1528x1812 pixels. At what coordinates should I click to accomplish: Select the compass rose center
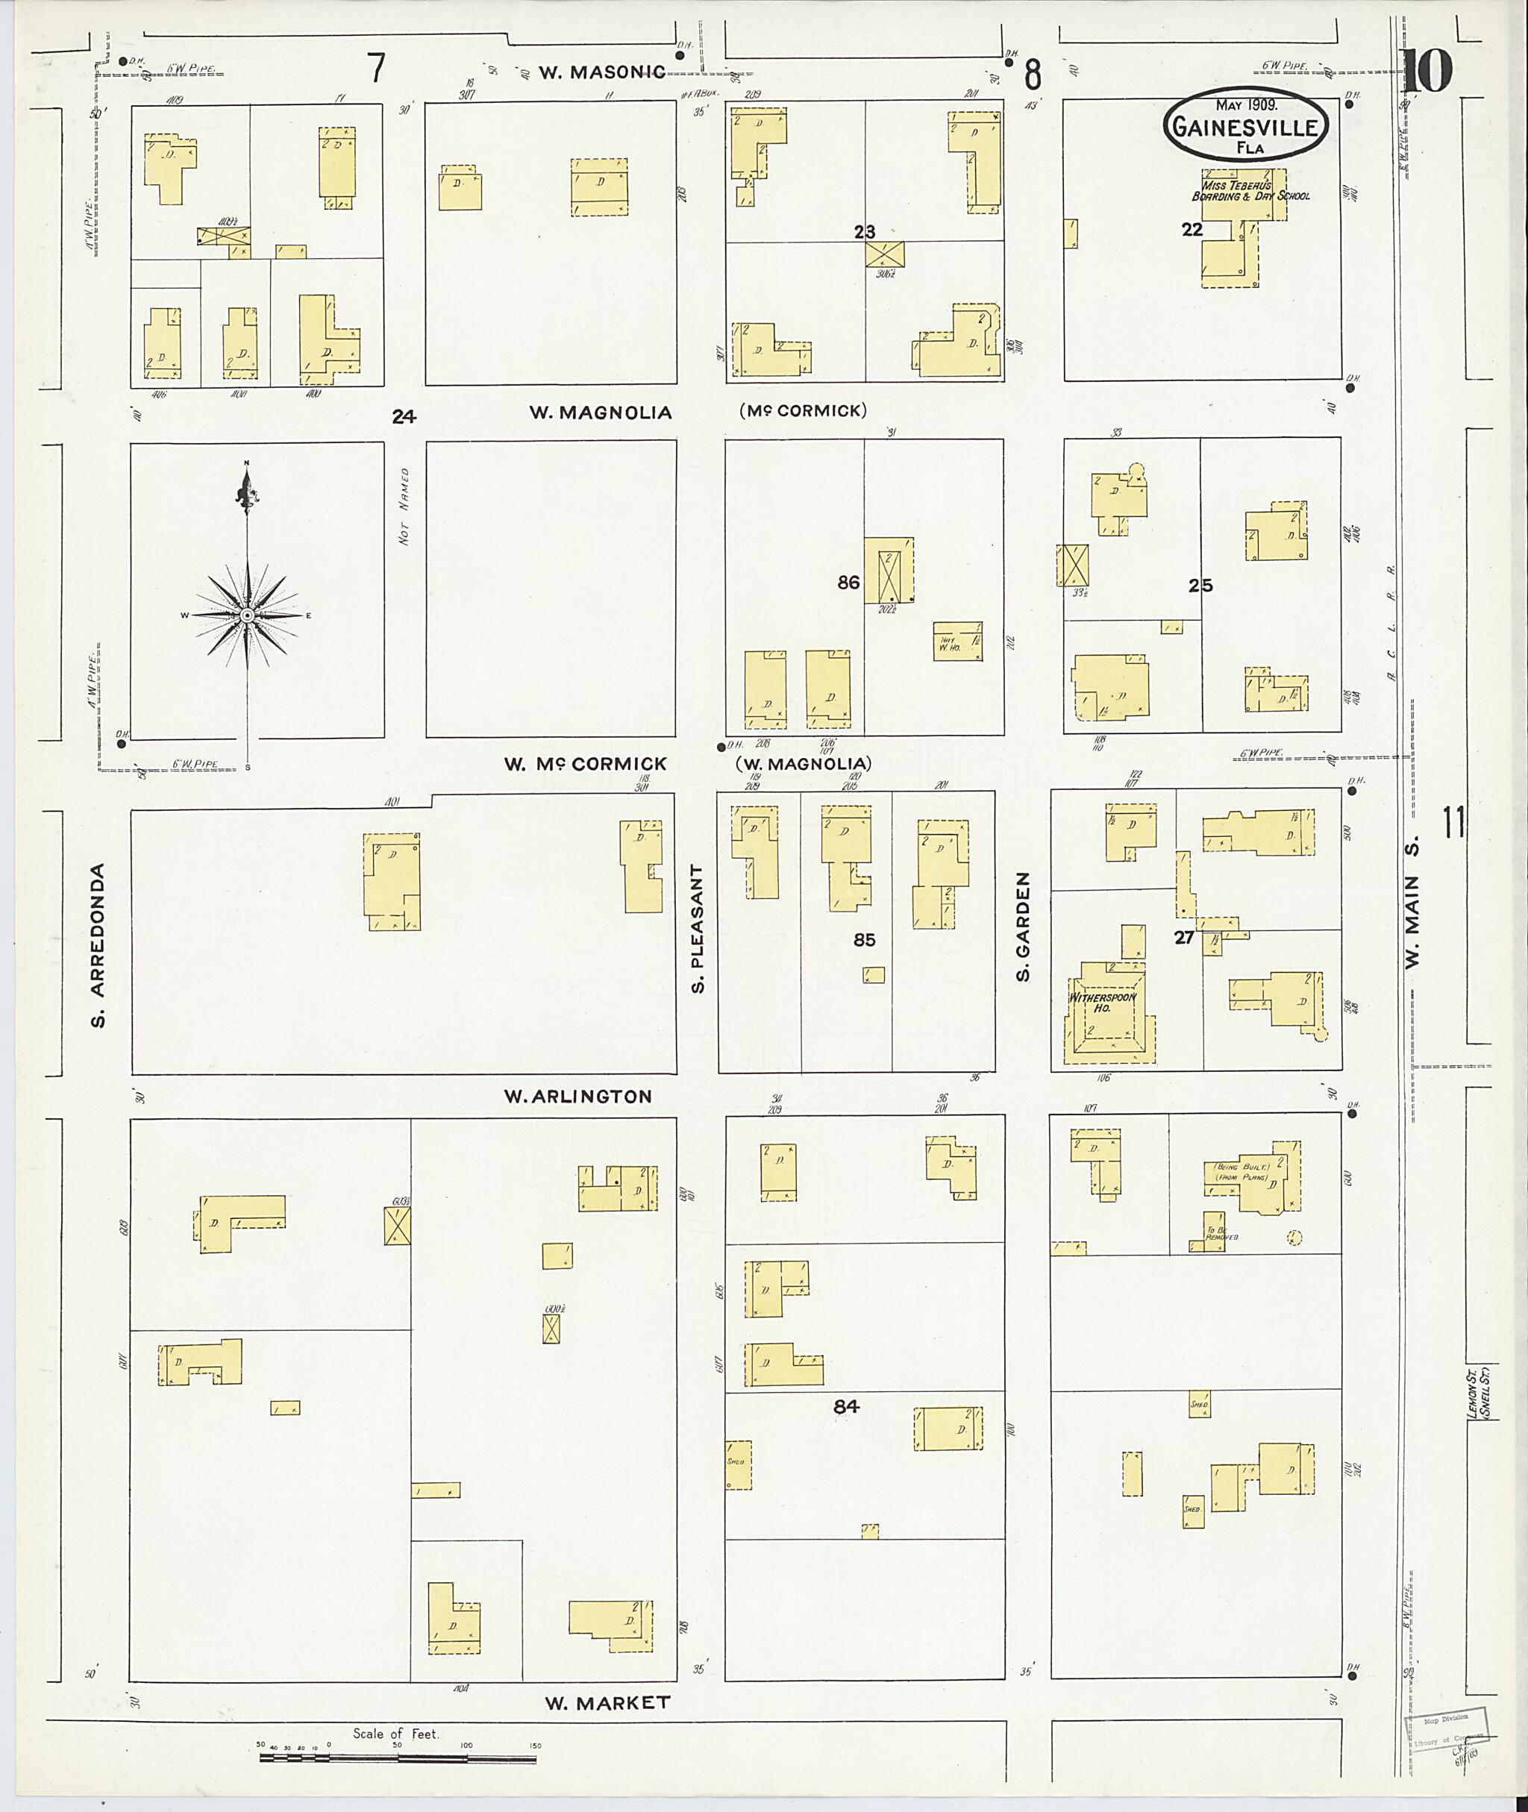[247, 615]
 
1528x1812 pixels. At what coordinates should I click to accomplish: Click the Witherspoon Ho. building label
[1102, 1003]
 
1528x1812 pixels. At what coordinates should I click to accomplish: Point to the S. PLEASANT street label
[698, 928]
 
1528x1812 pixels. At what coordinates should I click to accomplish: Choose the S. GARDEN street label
[1023, 927]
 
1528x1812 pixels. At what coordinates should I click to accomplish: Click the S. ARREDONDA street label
[98, 944]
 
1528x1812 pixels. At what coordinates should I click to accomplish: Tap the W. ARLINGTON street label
[577, 1097]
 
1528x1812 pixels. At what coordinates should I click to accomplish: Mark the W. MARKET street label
[607, 1703]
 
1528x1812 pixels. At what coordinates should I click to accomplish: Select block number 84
[846, 1408]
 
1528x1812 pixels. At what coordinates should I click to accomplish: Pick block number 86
[848, 583]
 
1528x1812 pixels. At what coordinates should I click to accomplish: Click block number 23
[864, 231]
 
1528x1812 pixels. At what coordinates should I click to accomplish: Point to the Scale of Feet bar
[398, 1758]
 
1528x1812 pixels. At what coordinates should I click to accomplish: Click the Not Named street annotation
[404, 518]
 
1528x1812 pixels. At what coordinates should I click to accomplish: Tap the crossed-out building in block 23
[884, 254]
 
